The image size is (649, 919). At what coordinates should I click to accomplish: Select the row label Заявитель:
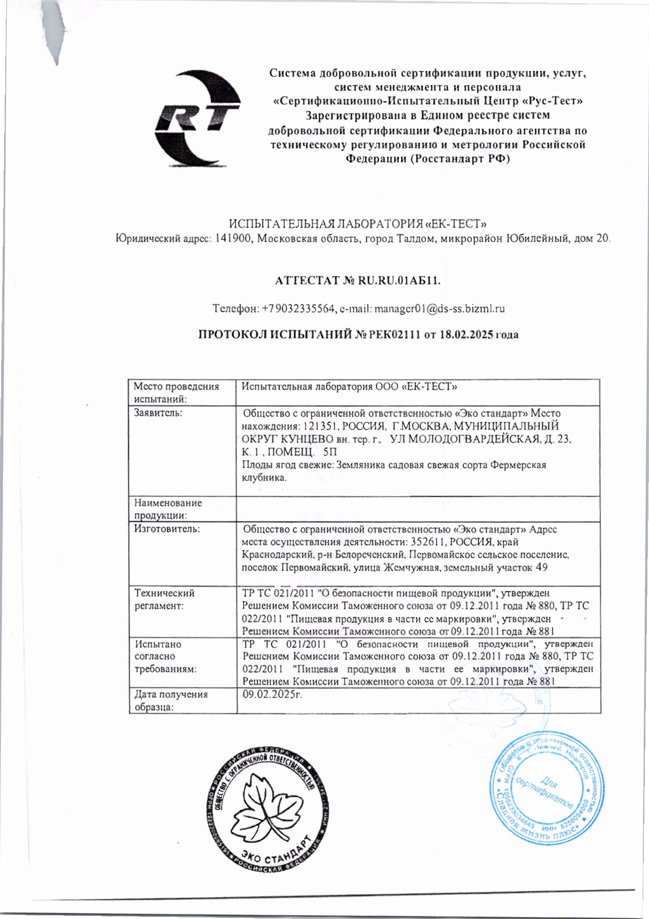[158, 414]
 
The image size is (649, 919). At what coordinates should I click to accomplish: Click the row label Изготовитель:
[160, 529]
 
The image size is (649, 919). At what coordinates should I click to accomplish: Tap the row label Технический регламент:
[164, 599]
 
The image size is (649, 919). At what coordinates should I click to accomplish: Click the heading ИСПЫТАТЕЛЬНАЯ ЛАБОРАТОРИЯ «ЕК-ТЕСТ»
[358, 224]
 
